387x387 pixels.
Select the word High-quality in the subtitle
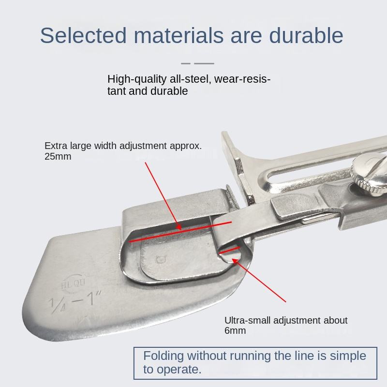tap(137, 79)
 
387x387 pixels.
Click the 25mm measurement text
tap(58, 156)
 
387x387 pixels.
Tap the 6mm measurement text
tap(235, 330)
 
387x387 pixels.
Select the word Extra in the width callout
tap(56, 146)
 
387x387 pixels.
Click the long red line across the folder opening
tap(180, 232)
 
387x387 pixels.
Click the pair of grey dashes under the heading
tap(197, 63)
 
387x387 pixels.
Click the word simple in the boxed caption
tap(348, 356)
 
